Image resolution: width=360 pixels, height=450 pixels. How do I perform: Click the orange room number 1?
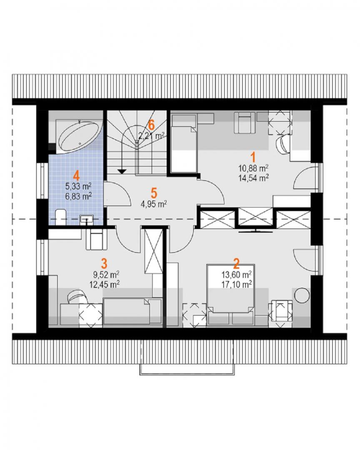pyautogui.click(x=253, y=157)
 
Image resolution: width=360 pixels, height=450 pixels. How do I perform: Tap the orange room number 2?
pyautogui.click(x=236, y=263)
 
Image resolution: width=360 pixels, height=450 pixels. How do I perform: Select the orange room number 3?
pyautogui.click(x=104, y=263)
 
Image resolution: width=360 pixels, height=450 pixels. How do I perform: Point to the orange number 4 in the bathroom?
pyautogui.click(x=76, y=175)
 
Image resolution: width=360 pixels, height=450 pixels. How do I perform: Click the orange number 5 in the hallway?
pyautogui.click(x=154, y=193)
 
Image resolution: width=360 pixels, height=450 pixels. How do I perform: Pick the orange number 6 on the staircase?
pyautogui.click(x=151, y=125)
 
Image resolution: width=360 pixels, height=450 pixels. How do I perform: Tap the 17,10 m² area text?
pyautogui.click(x=237, y=284)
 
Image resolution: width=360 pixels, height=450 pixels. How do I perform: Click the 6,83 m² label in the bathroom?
pyautogui.click(x=78, y=196)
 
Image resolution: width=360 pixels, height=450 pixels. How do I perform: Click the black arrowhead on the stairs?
pyautogui.click(x=122, y=172)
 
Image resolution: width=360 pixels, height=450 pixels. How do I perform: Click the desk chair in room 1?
pyautogui.click(x=284, y=143)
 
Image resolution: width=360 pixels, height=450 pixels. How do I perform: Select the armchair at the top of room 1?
pyautogui.click(x=245, y=122)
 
